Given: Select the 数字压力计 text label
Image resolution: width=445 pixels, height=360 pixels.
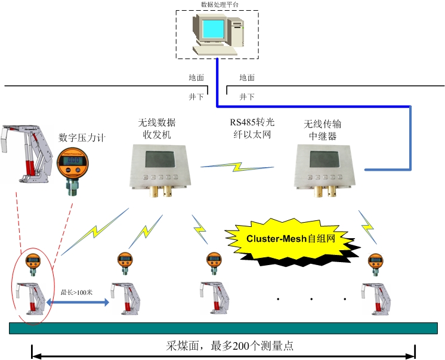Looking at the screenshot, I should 82,137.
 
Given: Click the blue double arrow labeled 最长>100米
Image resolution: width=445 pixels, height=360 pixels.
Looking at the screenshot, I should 78,303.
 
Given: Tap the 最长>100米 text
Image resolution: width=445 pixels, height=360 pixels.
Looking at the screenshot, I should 76,293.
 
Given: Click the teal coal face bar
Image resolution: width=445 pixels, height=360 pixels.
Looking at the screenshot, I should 223,328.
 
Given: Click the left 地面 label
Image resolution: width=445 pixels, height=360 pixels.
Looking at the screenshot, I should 196,78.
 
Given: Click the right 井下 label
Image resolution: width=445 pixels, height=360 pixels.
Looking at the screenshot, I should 247,96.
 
